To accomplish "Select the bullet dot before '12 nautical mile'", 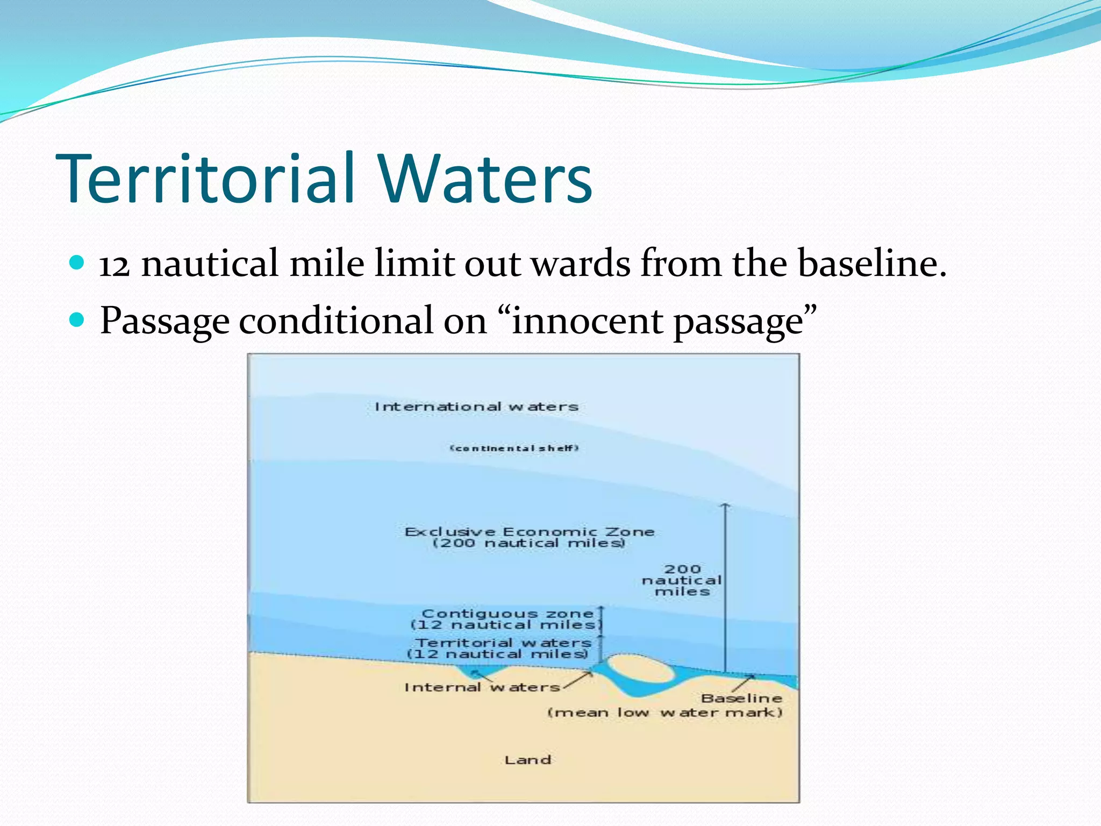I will pos(77,263).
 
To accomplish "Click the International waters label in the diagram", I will pos(476,407).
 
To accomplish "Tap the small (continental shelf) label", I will pos(514,448).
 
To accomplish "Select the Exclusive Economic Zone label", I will pos(530,532).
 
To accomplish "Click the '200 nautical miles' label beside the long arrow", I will pos(682,580).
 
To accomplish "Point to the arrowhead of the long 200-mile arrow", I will pos(725,505).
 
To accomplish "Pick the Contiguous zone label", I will pos(507,614).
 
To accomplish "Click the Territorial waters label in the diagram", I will pos(503,643).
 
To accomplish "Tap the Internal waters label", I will pos(482,688).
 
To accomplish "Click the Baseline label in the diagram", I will pos(741,699).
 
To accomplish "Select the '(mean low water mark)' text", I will pos(664,713).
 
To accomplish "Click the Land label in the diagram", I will pos(528,760).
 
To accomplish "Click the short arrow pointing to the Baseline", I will pos(743,683).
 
